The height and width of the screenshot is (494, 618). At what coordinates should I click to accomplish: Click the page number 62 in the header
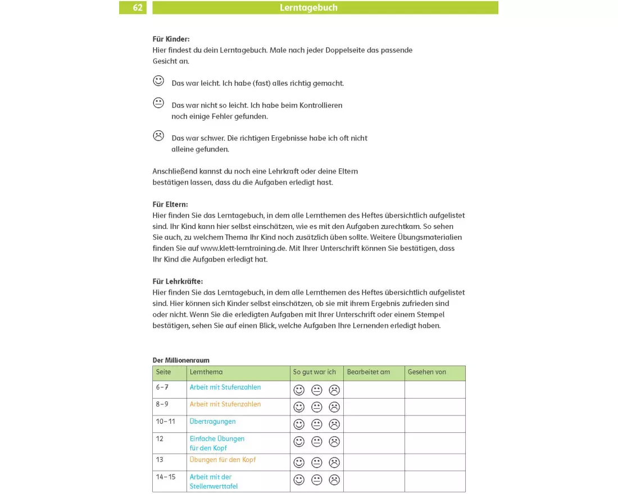(138, 8)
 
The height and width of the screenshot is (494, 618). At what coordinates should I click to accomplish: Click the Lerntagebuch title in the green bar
(308, 8)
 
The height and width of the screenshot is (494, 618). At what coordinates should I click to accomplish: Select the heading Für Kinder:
(171, 39)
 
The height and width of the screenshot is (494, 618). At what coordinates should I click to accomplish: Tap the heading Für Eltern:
(170, 204)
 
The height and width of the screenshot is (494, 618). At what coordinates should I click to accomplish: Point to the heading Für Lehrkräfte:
(178, 281)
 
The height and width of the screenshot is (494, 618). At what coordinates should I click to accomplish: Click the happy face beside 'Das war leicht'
(158, 81)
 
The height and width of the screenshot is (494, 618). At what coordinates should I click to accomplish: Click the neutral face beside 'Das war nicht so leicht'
(158, 103)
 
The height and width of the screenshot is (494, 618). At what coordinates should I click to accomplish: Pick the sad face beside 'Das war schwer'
(158, 135)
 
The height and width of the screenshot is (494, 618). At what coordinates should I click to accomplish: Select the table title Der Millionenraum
(181, 360)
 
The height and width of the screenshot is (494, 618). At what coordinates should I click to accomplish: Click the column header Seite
(163, 372)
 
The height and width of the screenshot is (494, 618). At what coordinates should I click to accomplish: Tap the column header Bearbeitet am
(368, 372)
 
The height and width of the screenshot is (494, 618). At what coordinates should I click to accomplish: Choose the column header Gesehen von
(426, 372)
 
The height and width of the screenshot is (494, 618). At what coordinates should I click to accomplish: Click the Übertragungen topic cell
(212, 422)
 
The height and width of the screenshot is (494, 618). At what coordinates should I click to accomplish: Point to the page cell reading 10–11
(166, 422)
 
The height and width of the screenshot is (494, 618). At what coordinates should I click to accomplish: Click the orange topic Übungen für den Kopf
(222, 460)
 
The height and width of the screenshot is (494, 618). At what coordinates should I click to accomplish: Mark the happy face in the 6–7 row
(299, 390)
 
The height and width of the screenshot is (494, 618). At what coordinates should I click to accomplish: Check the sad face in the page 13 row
(334, 463)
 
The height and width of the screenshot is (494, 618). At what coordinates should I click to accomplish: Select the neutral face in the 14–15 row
(317, 480)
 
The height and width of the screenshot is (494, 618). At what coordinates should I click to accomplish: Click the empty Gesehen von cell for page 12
(434, 443)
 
